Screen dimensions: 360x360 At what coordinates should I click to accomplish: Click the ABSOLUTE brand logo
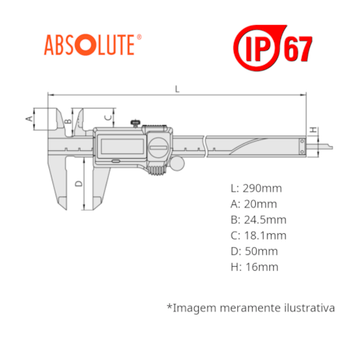click(x=92, y=45)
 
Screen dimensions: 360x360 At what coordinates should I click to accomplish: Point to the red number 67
click(x=298, y=49)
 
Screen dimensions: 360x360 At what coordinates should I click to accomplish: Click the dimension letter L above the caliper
click(x=177, y=89)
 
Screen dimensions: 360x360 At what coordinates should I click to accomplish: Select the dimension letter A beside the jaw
click(x=29, y=118)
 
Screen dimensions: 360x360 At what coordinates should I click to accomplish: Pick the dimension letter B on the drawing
click(x=67, y=121)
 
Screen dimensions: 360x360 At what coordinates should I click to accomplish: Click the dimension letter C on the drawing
click(x=108, y=117)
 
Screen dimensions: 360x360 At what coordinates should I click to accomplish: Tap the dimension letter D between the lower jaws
click(x=78, y=184)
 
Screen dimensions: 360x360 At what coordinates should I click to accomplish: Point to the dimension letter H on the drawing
click(x=313, y=130)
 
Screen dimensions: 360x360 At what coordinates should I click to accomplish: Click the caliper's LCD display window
click(x=122, y=146)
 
